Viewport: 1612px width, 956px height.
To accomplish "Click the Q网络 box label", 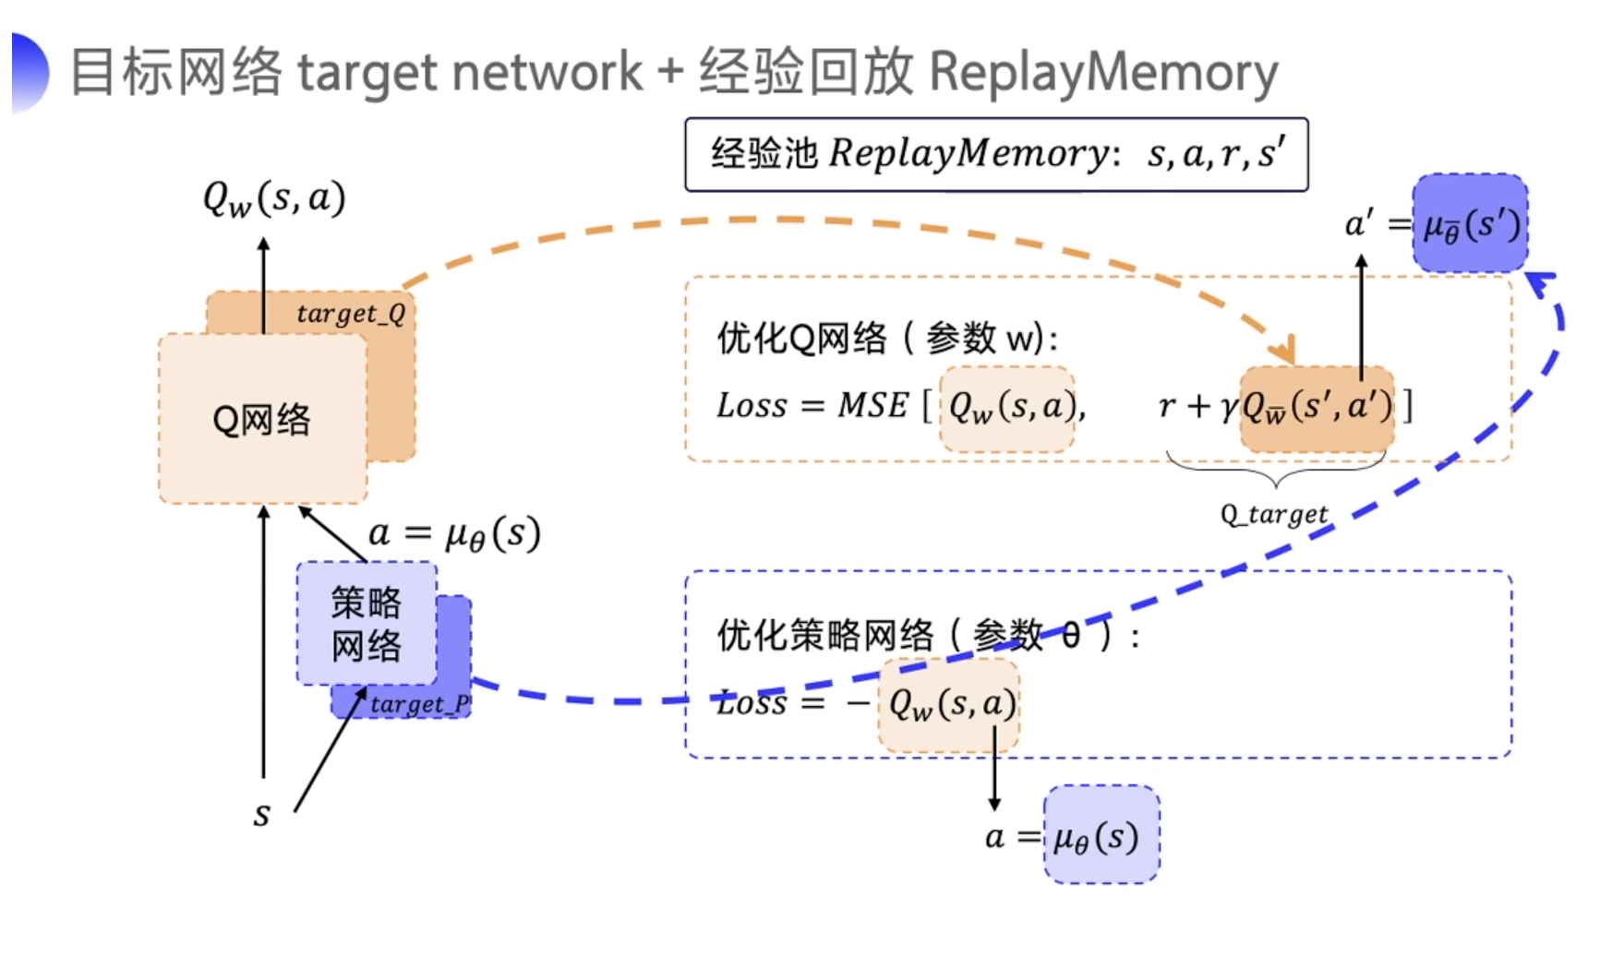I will click(261, 419).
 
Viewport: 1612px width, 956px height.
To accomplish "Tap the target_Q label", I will click(352, 314).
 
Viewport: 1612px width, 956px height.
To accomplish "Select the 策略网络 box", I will click(367, 623).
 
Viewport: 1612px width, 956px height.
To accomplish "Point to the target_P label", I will click(420, 704).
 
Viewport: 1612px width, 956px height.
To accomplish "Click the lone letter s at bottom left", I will click(262, 815).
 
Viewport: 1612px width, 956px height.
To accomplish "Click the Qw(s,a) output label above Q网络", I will click(274, 198).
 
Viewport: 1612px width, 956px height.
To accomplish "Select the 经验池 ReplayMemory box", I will click(995, 154).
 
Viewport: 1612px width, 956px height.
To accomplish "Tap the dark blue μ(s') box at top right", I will click(1471, 223).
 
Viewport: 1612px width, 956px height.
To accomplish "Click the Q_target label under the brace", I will click(1274, 514).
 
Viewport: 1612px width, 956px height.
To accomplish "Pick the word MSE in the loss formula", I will click(872, 405).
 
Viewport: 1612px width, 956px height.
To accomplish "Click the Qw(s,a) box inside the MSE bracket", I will click(1008, 407).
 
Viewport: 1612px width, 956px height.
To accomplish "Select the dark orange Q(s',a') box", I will click(1317, 407).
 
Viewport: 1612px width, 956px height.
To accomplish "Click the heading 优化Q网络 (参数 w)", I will click(886, 339).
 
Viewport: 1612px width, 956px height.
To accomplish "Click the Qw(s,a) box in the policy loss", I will click(949, 705).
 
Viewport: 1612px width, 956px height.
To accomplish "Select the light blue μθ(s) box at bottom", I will click(1101, 836).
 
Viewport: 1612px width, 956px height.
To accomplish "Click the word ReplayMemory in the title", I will click(1103, 72).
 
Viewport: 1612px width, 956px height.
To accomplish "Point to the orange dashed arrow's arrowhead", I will click(1284, 353).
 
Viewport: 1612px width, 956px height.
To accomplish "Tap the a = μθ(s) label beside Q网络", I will click(453, 533).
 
